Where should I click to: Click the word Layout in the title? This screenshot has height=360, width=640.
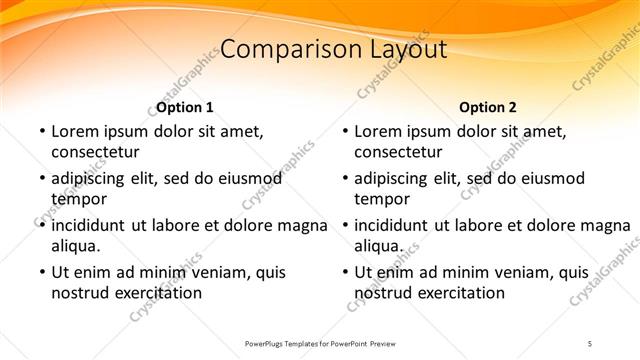click(399, 49)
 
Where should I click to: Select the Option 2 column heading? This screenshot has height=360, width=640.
click(488, 107)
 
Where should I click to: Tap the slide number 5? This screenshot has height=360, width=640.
click(589, 343)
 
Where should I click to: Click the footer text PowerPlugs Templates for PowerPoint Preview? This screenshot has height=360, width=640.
click(320, 343)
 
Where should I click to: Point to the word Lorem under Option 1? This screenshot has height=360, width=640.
click(75, 131)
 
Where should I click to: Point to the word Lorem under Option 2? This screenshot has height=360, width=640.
click(378, 131)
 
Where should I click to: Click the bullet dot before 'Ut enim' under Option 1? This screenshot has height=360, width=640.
click(40, 272)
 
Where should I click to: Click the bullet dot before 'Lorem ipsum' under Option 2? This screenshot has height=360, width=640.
click(343, 132)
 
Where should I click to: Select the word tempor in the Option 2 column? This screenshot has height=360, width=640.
click(382, 199)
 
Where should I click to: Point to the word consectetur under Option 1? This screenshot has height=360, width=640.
click(95, 152)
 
